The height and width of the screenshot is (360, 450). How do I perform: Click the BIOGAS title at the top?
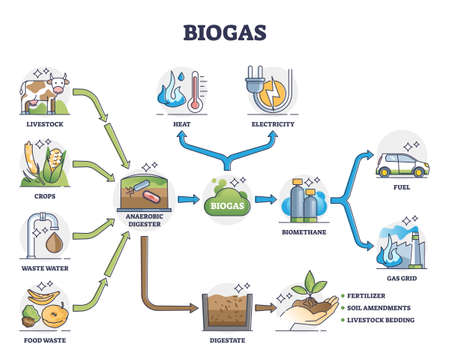click(x=224, y=23)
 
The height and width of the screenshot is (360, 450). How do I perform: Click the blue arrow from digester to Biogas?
click(x=187, y=199)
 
